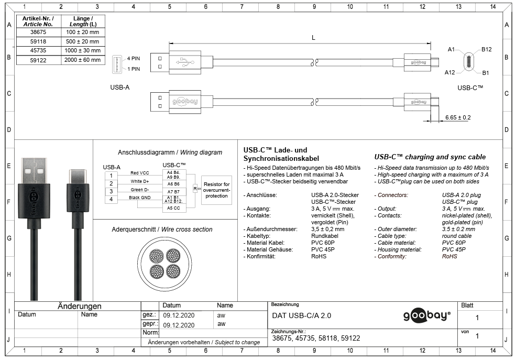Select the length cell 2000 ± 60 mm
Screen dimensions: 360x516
[83, 60]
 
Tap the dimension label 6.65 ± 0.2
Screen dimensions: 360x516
[458, 117]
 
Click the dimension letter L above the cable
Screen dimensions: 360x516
[313, 38]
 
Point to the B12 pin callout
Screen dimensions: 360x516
[486, 49]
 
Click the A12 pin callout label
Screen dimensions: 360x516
[449, 72]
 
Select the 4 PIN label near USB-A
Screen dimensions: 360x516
[134, 59]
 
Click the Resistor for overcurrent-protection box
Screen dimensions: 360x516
[216, 190]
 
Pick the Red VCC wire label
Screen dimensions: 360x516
[140, 173]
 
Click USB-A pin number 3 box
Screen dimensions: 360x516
[111, 191]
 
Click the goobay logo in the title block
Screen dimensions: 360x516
[426, 315]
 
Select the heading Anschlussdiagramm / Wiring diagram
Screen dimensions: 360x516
[170, 152]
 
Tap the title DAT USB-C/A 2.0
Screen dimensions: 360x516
[302, 315]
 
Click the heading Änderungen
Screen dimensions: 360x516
[79, 306]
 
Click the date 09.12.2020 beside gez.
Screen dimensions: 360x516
[179, 315]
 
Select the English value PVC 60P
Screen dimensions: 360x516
[454, 243]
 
